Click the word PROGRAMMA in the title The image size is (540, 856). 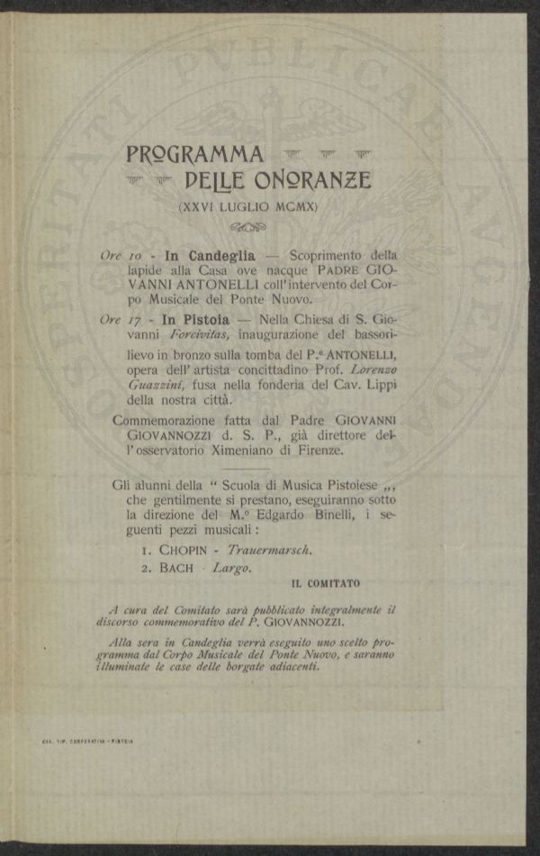(x=195, y=154)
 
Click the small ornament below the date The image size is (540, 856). (x=248, y=226)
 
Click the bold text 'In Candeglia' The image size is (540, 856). (x=210, y=255)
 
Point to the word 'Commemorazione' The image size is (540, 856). (x=166, y=421)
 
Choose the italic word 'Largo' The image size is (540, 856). (x=231, y=569)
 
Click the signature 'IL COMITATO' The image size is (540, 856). (x=325, y=584)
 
